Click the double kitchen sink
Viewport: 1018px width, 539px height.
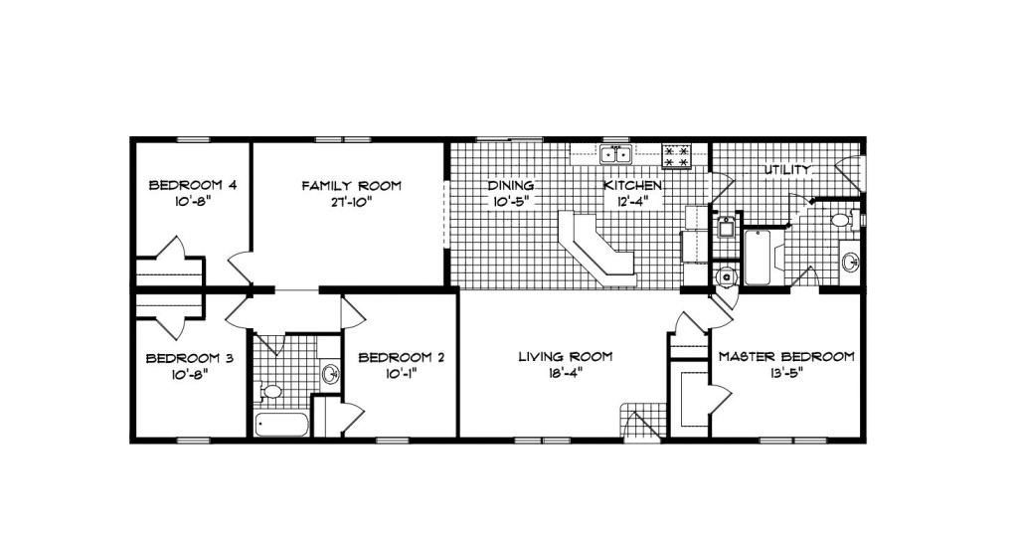click(615, 154)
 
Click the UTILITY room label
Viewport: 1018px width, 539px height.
click(788, 170)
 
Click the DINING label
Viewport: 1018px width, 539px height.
click(512, 186)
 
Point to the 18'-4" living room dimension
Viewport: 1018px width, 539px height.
click(563, 374)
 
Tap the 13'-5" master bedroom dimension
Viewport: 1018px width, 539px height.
click(786, 374)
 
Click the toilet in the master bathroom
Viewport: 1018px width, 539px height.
click(841, 220)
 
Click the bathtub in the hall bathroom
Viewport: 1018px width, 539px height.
click(281, 425)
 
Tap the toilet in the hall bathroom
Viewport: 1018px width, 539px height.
click(269, 392)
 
